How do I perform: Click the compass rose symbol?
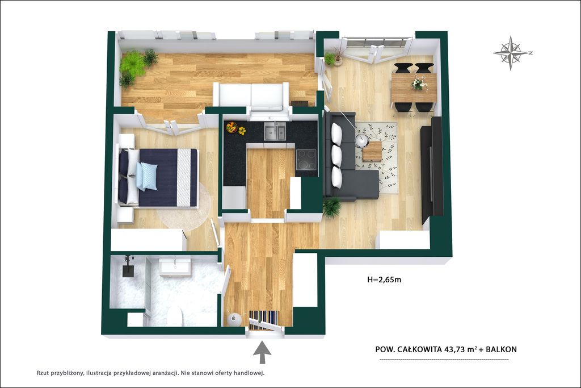tap(511, 53)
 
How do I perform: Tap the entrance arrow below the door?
tap(262, 352)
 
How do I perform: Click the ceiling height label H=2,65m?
tap(384, 279)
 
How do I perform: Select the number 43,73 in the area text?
tap(457, 349)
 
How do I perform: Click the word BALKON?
tap(502, 349)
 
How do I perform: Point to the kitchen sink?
tap(275, 131)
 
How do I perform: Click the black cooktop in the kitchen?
tap(306, 160)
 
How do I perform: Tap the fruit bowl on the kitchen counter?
tap(232, 128)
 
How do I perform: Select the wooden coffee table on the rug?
tap(372, 151)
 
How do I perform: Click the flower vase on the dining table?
tap(419, 83)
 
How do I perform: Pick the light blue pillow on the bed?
tap(147, 176)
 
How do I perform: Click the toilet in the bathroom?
tap(174, 318)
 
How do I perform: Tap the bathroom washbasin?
tap(175, 266)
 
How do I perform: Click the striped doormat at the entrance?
tap(263, 319)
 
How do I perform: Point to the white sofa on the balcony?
tap(251, 96)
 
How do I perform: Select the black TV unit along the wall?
tap(432, 170)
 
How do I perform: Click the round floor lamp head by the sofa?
tap(361, 140)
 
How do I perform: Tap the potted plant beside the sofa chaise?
tap(331, 207)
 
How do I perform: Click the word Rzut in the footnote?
tap(43, 373)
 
